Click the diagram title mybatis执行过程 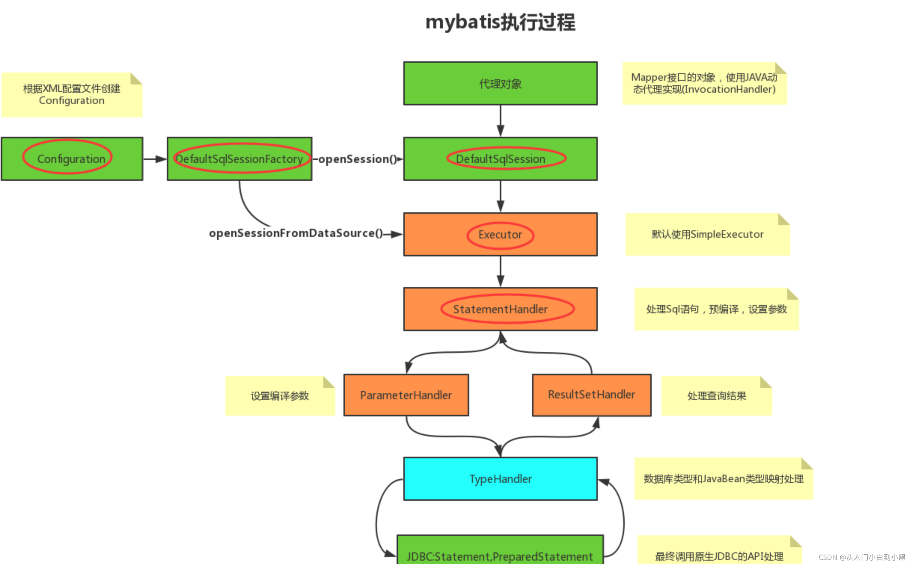click(x=500, y=22)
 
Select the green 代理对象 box click(x=500, y=83)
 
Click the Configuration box click(x=72, y=159)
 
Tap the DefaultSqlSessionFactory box click(x=239, y=159)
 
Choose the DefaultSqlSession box click(x=500, y=159)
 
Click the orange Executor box click(x=500, y=234)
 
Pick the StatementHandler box click(x=500, y=309)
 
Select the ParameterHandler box click(x=406, y=395)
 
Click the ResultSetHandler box click(x=591, y=395)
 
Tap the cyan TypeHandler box click(x=500, y=479)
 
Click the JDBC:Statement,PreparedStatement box click(x=500, y=553)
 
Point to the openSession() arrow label click(x=357, y=159)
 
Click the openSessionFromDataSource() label click(x=296, y=233)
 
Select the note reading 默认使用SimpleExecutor click(x=707, y=234)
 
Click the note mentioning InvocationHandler click(x=704, y=83)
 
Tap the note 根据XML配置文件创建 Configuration click(x=72, y=95)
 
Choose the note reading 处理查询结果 click(x=716, y=396)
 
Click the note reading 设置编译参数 click(x=280, y=396)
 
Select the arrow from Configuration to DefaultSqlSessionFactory click(x=155, y=159)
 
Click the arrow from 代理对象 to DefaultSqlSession click(x=500, y=120)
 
